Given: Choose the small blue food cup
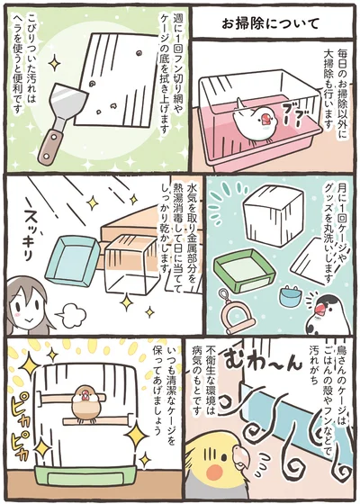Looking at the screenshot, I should click(290, 294).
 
